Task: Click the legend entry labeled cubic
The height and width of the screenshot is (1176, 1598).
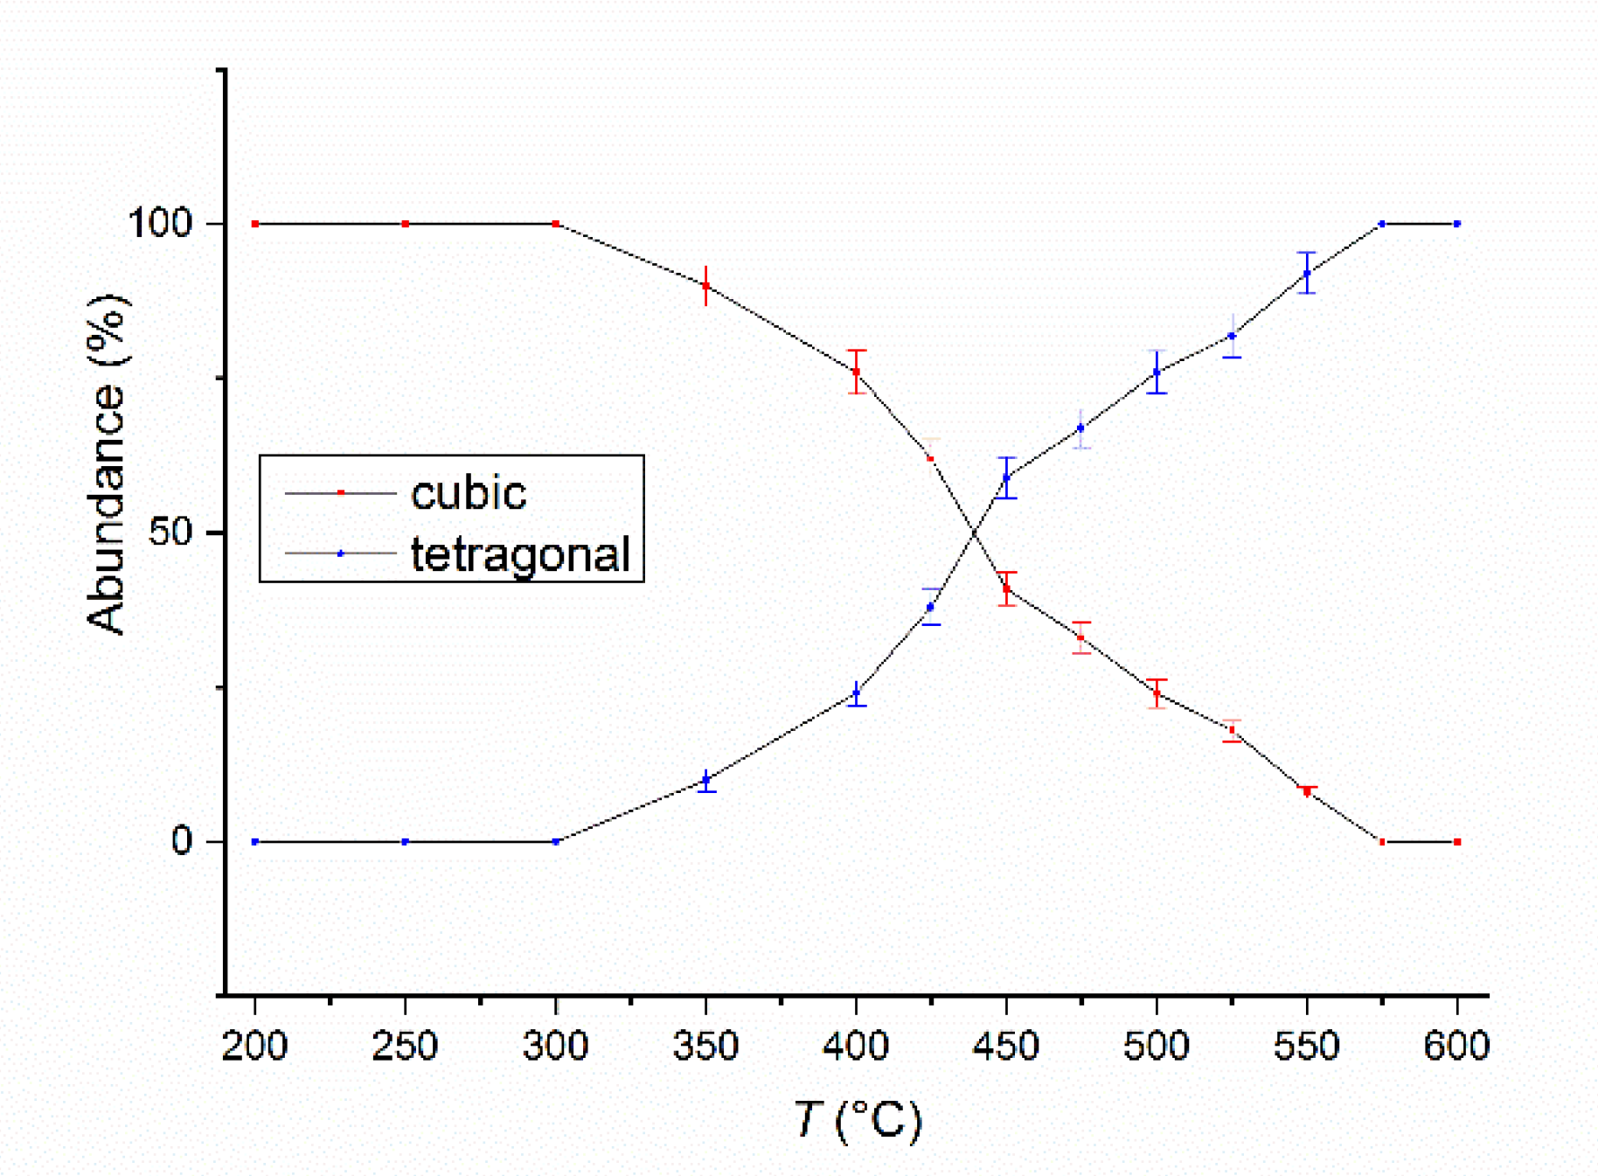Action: tap(469, 494)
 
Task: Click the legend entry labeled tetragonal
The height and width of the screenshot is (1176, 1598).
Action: tap(520, 554)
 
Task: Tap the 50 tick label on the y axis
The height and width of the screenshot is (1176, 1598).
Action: tap(170, 532)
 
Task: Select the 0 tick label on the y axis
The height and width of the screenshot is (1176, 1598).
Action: tap(181, 841)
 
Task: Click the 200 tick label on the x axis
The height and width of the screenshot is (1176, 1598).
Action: tap(254, 1046)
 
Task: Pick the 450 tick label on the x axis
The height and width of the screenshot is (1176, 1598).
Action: tap(1006, 1046)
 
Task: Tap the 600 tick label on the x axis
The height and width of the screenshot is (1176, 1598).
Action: tap(1456, 1046)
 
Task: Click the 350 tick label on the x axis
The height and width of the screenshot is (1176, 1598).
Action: tap(705, 1046)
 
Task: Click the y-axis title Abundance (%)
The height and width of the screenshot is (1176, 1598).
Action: tap(107, 463)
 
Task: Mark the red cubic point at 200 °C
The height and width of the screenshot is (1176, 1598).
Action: tap(255, 224)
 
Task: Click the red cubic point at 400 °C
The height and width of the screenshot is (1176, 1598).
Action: tap(856, 372)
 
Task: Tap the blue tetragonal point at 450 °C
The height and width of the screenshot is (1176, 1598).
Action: tap(1006, 477)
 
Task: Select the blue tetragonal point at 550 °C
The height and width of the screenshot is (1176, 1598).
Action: tap(1306, 273)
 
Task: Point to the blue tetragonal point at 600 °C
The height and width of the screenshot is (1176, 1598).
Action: tap(1456, 224)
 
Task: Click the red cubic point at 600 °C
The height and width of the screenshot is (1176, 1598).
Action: tap(1456, 841)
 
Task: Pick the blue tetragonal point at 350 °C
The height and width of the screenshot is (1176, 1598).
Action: tap(705, 780)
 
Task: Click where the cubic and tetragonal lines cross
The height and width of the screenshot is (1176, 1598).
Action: tap(974, 532)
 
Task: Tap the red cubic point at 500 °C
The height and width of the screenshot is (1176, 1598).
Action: tap(1157, 693)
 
